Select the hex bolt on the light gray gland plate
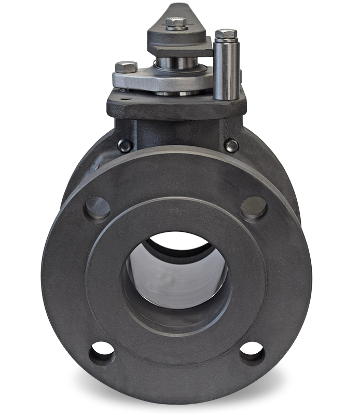(x=126, y=67)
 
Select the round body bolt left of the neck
(x=124, y=146)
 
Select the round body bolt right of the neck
(x=231, y=146)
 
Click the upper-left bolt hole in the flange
(x=97, y=208)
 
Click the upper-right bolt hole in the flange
(x=254, y=208)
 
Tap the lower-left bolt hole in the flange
(x=102, y=354)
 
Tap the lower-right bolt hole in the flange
(x=252, y=354)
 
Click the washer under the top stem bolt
(x=177, y=27)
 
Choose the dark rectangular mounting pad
(x=176, y=106)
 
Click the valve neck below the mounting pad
(x=176, y=132)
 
